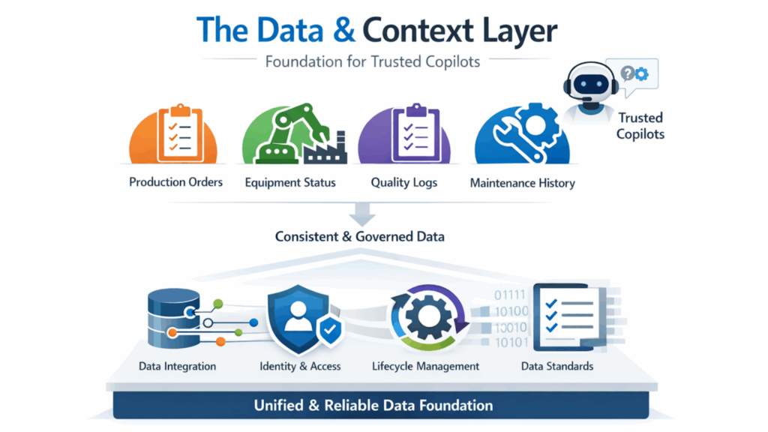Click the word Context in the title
(x=418, y=30)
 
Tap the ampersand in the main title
(x=343, y=30)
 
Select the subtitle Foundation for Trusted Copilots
(x=372, y=61)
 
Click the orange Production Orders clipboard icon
(x=173, y=133)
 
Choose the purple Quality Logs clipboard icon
(x=404, y=133)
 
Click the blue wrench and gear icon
(x=522, y=133)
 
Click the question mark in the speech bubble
(x=627, y=73)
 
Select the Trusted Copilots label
(x=640, y=126)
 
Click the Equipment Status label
(x=290, y=183)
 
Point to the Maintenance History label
(x=523, y=183)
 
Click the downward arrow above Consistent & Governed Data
(x=362, y=214)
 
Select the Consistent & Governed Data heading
(x=360, y=236)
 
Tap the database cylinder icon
(x=174, y=318)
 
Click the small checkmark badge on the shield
(x=331, y=330)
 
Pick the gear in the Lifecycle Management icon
(x=429, y=317)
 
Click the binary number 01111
(x=510, y=295)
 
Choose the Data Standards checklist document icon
(x=570, y=317)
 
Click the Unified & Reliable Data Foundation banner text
(x=373, y=406)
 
